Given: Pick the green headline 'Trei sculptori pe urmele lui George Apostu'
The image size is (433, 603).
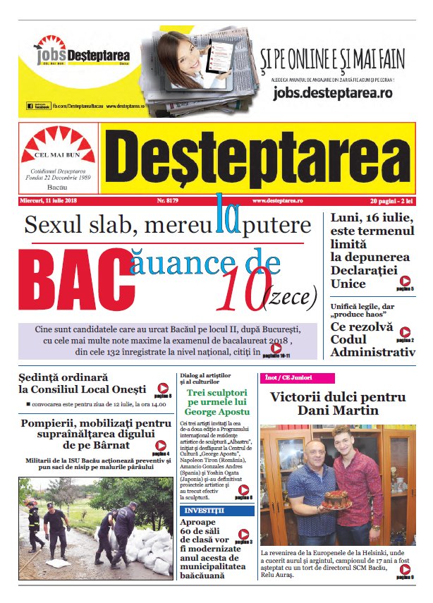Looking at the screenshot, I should point(217,401).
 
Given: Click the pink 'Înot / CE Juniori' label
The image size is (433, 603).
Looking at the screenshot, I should point(288,378).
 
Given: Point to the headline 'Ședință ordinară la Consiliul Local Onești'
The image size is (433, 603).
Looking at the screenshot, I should point(83,382).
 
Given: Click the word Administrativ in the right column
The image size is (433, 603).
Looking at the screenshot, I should point(372,352).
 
